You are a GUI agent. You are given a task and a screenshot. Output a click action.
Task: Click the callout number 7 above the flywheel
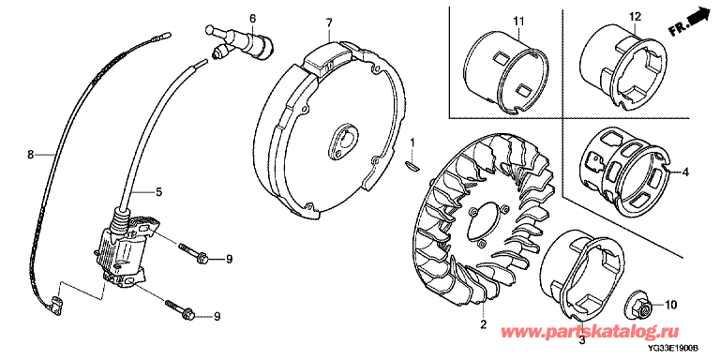tap(329, 22)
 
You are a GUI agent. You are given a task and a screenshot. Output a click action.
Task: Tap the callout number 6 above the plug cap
tap(252, 19)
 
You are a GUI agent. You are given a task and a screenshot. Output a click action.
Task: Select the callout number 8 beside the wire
tap(30, 156)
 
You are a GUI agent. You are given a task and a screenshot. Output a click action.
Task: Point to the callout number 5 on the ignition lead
tap(158, 192)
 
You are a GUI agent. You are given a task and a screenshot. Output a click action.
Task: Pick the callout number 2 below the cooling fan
tap(483, 324)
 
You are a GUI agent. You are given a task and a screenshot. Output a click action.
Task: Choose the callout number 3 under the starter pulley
tap(581, 340)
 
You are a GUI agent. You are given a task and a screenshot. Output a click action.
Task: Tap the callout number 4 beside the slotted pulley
tap(685, 173)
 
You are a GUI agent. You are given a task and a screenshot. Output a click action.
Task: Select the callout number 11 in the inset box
tap(518, 21)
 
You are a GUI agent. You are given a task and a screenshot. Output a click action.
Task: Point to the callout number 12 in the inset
tap(635, 17)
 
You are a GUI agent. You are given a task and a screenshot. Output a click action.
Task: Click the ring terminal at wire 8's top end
tap(164, 34)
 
